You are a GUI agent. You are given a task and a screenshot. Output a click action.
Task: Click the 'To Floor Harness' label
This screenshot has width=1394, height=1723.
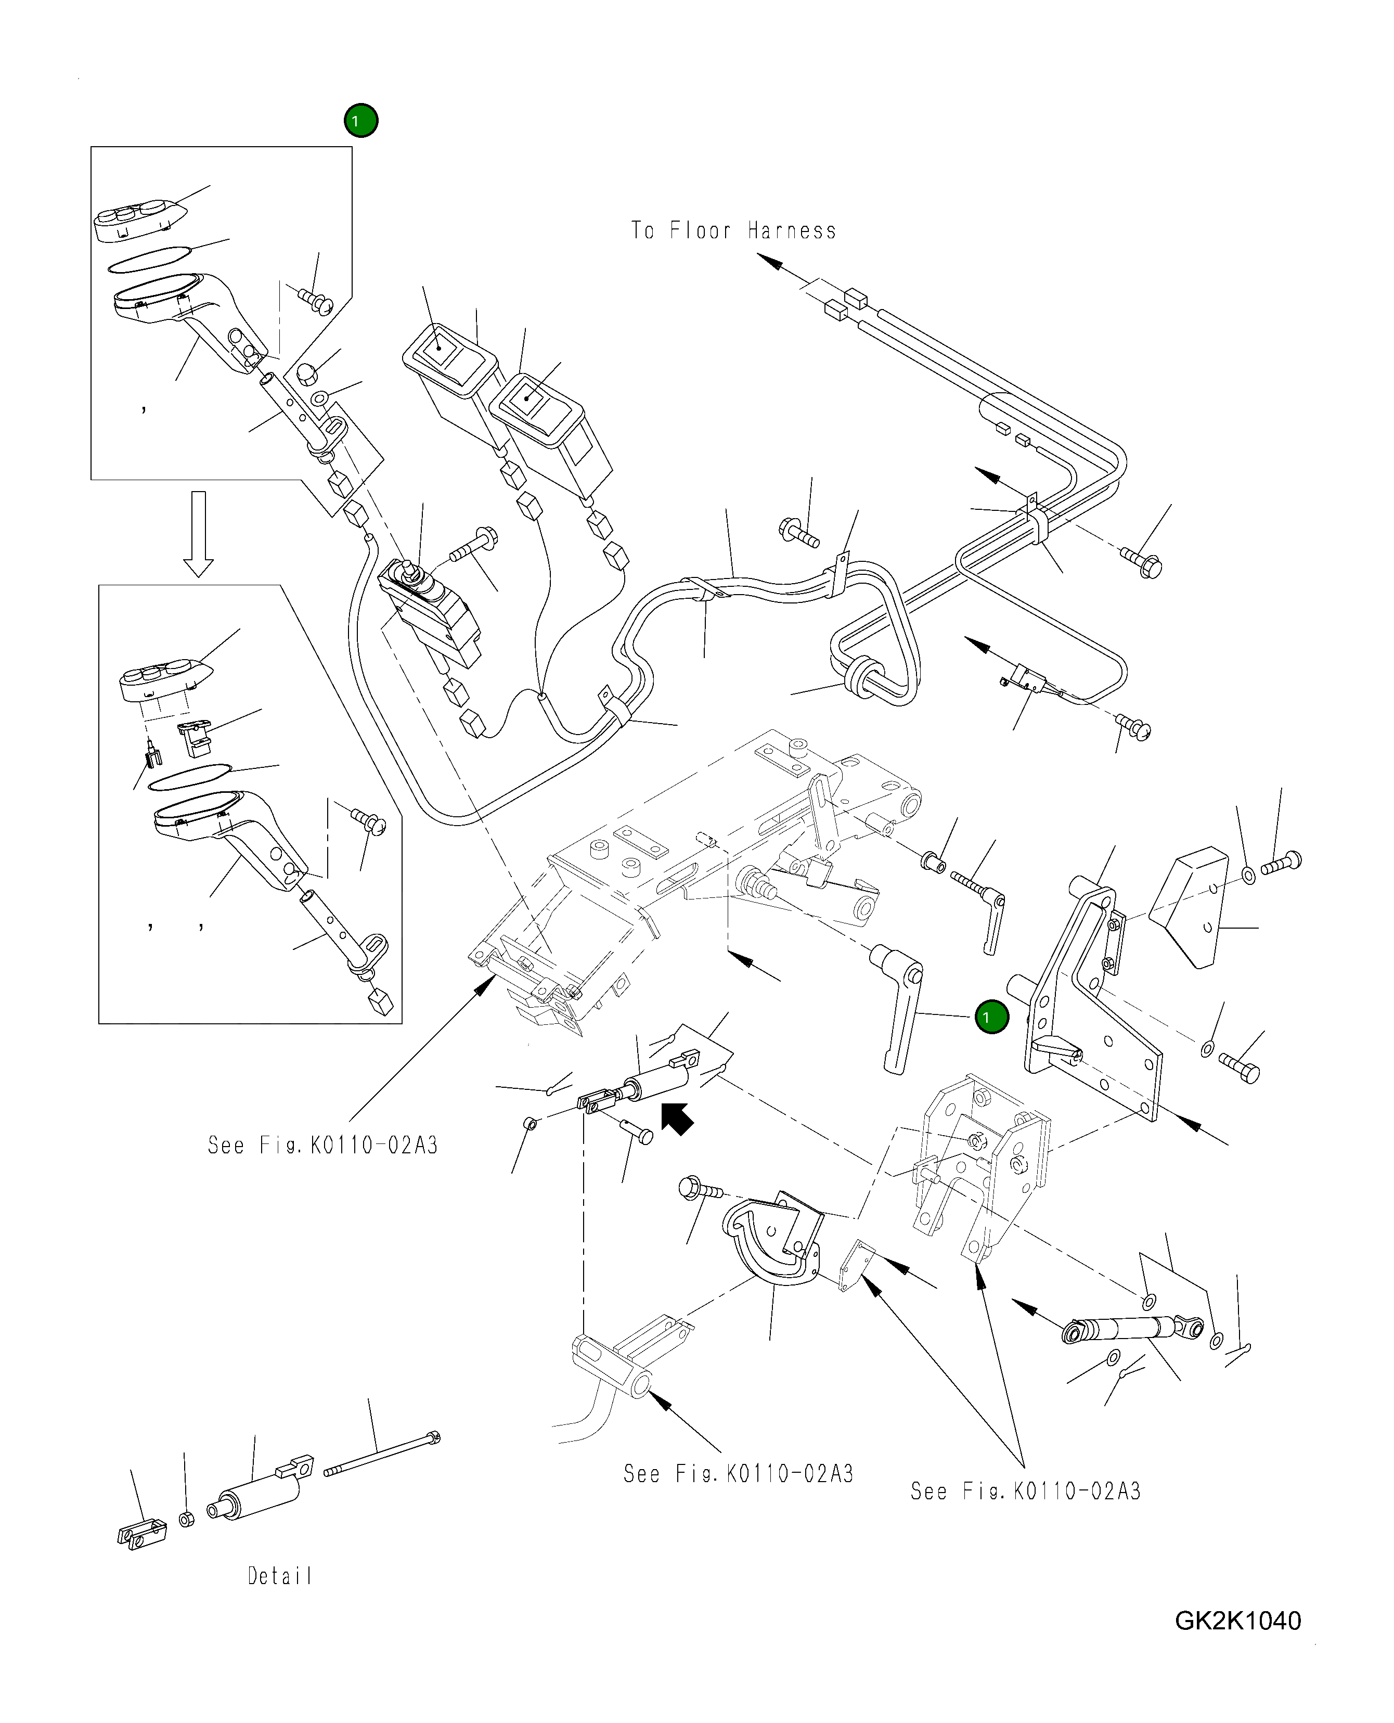733,231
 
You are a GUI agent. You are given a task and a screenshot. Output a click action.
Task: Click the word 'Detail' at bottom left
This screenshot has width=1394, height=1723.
279,1576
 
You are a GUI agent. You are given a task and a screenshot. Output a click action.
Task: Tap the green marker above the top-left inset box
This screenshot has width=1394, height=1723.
360,121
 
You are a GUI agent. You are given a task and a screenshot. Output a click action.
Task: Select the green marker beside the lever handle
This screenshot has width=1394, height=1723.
991,1017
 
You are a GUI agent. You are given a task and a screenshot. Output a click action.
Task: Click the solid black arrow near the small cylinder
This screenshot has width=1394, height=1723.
677,1117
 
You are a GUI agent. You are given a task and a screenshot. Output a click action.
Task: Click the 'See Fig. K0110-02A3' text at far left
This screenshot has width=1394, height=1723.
323,1145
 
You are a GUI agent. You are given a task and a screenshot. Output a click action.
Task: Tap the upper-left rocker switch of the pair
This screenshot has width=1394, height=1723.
446,362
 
